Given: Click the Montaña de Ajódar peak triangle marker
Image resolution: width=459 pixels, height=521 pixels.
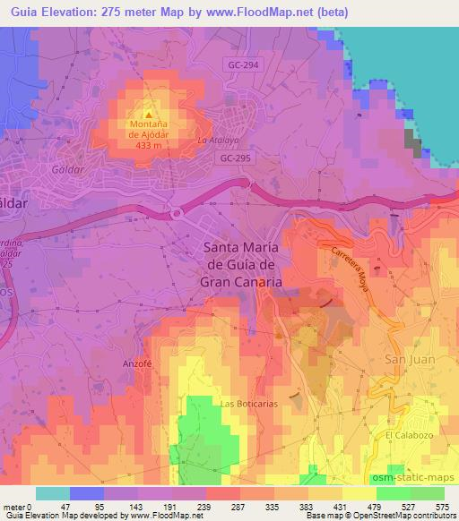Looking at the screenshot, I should point(150,114).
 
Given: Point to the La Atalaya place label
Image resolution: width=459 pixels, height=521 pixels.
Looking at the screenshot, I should point(219,141).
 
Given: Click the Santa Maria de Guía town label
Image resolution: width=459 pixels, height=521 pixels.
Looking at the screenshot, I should point(243,264).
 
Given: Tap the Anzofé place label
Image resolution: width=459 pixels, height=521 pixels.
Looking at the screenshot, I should point(136,364).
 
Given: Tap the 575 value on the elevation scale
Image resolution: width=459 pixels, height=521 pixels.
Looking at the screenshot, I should point(443,506).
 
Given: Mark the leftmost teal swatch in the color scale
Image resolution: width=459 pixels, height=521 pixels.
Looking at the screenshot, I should point(53,492).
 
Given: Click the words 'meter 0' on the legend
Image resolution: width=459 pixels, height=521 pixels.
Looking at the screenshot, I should point(16,506).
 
